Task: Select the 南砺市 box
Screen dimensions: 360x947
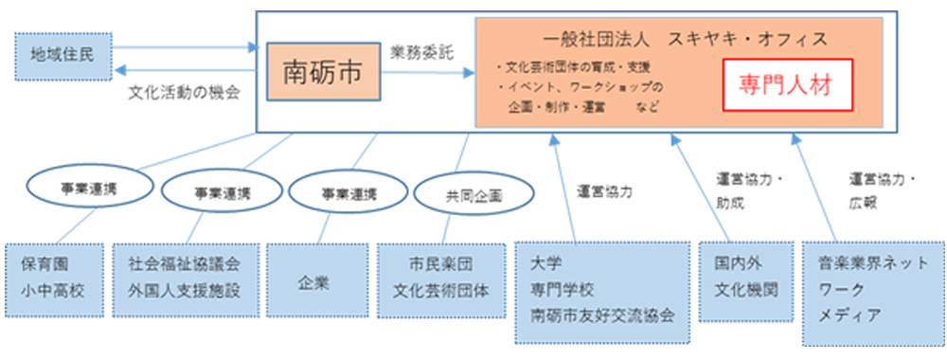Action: tap(322, 73)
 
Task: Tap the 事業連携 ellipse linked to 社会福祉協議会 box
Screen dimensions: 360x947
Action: tap(220, 192)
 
